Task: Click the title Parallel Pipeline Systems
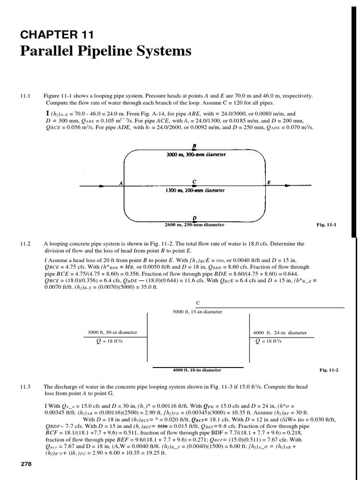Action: coord(105,51)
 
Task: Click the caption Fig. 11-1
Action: coord(327,225)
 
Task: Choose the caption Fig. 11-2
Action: coord(329,370)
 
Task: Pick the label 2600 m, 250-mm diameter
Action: coord(194,225)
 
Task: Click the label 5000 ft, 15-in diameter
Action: coord(197,311)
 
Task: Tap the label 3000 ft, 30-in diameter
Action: coord(112,332)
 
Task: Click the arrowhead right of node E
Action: coord(291,187)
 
